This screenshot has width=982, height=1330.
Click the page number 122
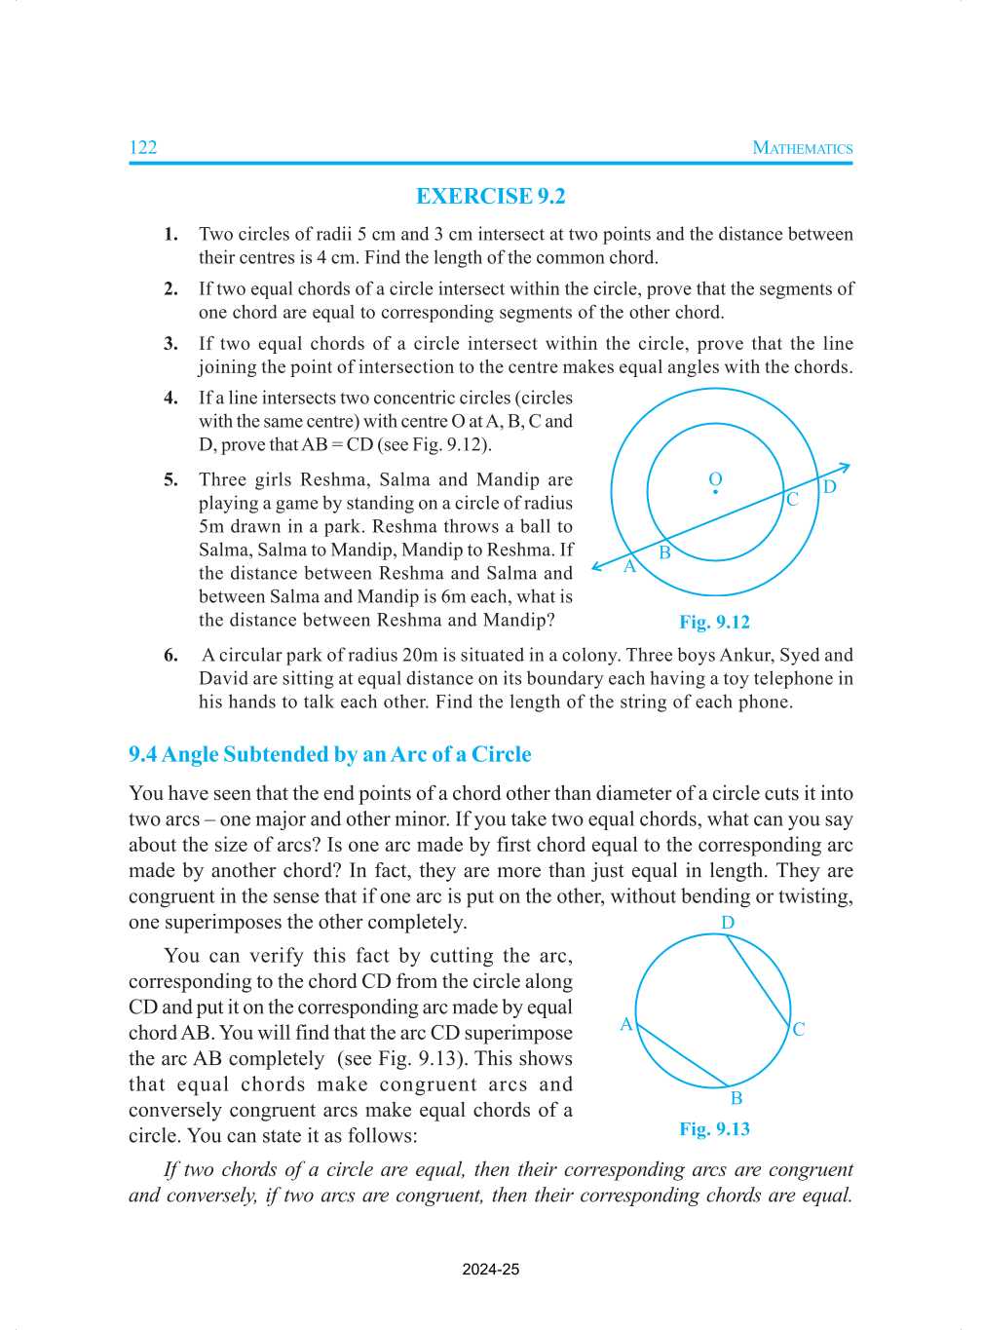click(142, 147)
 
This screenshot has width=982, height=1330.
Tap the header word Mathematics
click(802, 148)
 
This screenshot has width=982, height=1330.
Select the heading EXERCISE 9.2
click(490, 196)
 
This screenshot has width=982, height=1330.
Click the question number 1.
click(170, 234)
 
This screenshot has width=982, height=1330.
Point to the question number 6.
click(170, 655)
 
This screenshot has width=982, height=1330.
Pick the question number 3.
click(170, 343)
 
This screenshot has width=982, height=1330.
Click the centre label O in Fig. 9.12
click(715, 479)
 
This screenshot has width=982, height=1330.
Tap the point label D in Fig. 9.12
click(829, 486)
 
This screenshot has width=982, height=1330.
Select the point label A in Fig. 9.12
click(629, 566)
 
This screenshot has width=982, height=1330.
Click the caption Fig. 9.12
click(714, 622)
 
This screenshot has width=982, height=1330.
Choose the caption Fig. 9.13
click(714, 1128)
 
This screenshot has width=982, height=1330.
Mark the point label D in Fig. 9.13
click(728, 923)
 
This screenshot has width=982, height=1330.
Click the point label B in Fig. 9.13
click(736, 1098)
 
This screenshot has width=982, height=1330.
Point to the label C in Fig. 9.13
click(799, 1029)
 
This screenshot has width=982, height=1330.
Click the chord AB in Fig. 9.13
click(682, 1054)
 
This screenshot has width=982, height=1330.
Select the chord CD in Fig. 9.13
click(758, 981)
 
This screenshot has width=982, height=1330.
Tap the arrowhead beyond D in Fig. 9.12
click(845, 469)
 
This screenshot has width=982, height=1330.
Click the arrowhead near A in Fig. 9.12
click(597, 566)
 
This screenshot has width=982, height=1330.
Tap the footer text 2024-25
click(490, 1269)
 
